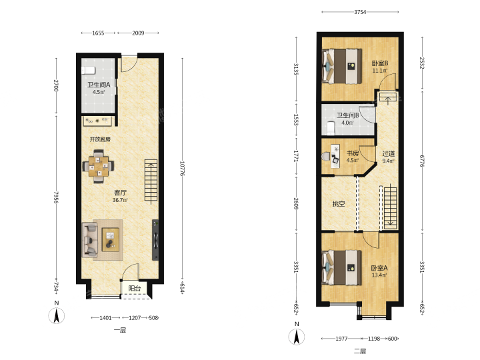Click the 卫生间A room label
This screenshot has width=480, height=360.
tap(99, 85)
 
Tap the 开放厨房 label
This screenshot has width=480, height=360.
tap(100, 139)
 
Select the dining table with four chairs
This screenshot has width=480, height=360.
tap(98, 166)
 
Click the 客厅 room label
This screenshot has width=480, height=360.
tap(120, 193)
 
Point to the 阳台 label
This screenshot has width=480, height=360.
tap(135, 288)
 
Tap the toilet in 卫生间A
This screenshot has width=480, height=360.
tap(89, 71)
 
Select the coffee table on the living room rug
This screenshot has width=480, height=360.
tap(110, 240)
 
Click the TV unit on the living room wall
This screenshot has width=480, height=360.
tap(155, 240)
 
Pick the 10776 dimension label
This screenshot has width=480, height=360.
tap(183, 169)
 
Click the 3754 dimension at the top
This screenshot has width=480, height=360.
tap(360, 12)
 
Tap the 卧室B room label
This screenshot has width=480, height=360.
tap(380, 63)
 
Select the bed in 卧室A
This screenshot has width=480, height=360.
tap(342, 267)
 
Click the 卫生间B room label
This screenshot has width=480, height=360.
tap(348, 115)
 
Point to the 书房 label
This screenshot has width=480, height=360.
tap(353, 153)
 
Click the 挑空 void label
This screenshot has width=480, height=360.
tap(339, 203)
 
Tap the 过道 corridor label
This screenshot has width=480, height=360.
tap(389, 154)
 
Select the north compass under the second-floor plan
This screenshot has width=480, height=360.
tap(296, 337)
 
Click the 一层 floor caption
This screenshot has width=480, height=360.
tap(120, 330)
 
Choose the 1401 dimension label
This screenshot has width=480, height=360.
tap(105, 318)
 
